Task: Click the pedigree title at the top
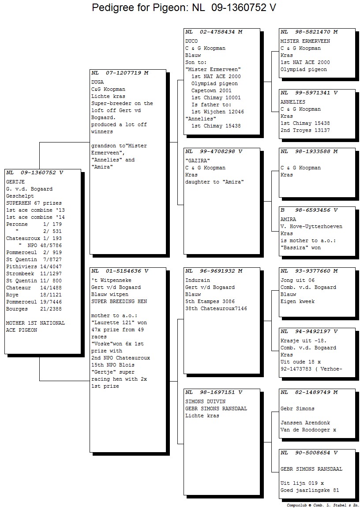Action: coord(184,7)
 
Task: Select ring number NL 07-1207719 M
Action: coord(120,73)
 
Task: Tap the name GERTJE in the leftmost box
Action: coord(15,182)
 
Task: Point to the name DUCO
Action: coord(191,41)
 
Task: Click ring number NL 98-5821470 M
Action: coord(309,32)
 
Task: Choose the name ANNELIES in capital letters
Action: coord(293,102)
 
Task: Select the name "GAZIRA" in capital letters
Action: coord(198,161)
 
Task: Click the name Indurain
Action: coord(198,280)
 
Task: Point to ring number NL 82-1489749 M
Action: coord(309,392)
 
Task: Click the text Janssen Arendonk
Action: coord(305,423)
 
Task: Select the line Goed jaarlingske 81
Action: coord(310,490)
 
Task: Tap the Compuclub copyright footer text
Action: coord(323,505)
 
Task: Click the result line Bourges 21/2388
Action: coord(34,309)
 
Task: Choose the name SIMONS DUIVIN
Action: coord(206,401)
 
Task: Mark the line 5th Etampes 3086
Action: coord(210,301)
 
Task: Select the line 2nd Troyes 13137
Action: coord(305,130)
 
